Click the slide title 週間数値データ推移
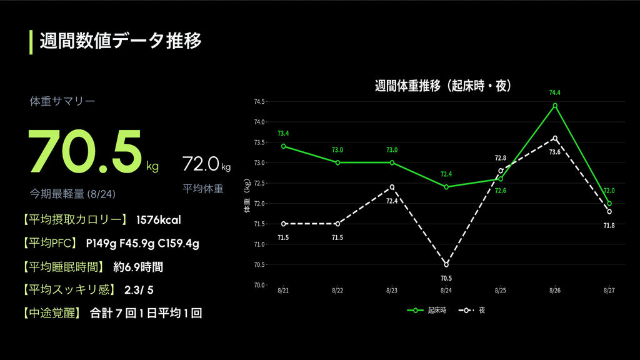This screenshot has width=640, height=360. pyautogui.click(x=121, y=41)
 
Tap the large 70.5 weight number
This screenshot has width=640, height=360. pyautogui.click(x=85, y=151)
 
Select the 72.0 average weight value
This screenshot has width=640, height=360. pyautogui.click(x=201, y=164)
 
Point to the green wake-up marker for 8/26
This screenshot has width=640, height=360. pyautogui.click(x=555, y=106)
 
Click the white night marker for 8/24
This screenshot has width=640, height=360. pyautogui.click(x=446, y=264)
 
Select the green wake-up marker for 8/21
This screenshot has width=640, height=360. pyautogui.click(x=284, y=146)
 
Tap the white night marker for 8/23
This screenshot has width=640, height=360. pyautogui.click(x=392, y=187)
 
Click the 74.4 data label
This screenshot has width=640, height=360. pyautogui.click(x=555, y=92)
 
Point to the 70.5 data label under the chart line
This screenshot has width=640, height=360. pyautogui.click(x=446, y=278)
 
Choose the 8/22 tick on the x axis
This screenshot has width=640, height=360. pyautogui.click(x=337, y=291)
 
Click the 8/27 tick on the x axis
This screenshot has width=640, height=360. pyautogui.click(x=609, y=291)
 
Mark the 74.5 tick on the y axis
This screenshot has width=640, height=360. pyautogui.click(x=259, y=102)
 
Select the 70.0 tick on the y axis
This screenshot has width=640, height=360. pyautogui.click(x=259, y=285)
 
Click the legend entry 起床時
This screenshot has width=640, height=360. pyautogui.click(x=427, y=311)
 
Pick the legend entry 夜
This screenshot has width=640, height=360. pyautogui.click(x=472, y=311)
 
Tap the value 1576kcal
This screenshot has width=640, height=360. pyautogui.click(x=158, y=220)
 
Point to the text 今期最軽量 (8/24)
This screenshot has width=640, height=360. pyautogui.click(x=72, y=194)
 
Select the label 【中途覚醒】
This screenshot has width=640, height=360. pyautogui.click(x=51, y=313)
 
